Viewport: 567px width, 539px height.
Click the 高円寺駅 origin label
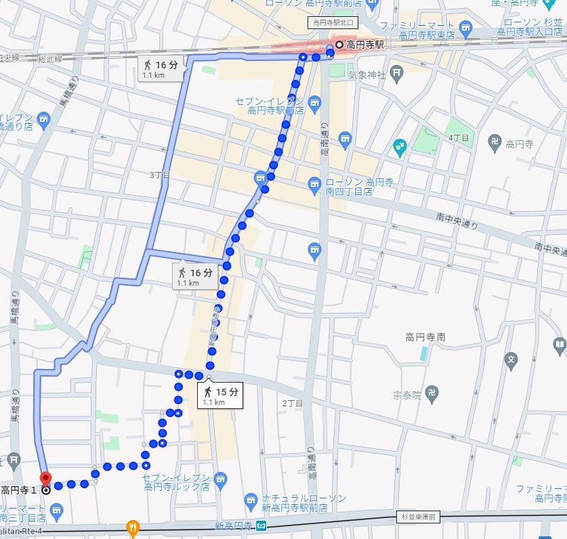point(364,45)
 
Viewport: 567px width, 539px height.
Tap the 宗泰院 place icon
point(433,392)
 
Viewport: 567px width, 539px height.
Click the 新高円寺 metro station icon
point(261,526)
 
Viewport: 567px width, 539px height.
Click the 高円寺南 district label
point(425,337)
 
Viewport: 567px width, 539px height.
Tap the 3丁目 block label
point(160,175)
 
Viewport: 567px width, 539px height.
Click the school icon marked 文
point(512,358)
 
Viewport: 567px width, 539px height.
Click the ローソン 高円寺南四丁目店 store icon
point(314,184)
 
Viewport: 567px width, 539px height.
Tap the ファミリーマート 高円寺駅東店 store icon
point(465,28)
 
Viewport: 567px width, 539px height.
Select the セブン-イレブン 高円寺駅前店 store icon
point(314,102)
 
